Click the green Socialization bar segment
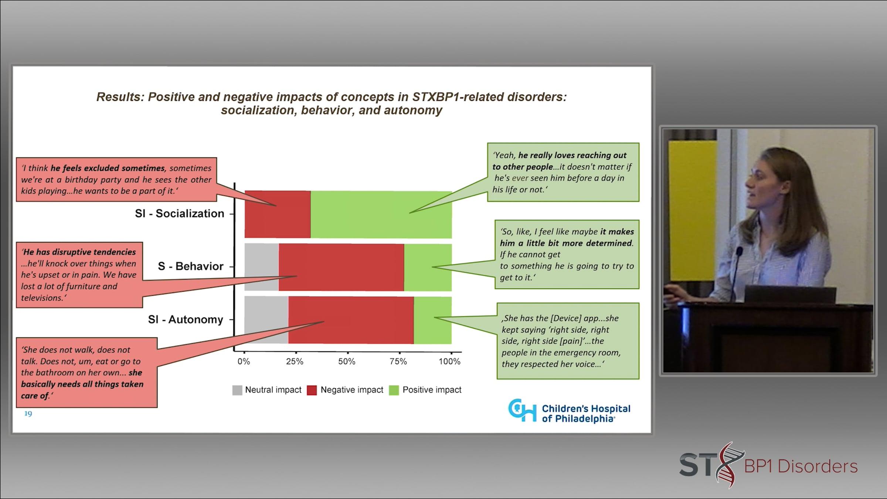point(381,214)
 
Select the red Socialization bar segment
point(278,214)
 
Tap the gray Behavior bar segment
point(262,267)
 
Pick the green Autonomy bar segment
point(432,320)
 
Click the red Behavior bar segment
point(341,267)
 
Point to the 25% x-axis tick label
point(295,361)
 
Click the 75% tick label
point(398,361)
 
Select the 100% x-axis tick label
point(449,361)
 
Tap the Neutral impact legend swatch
point(237,390)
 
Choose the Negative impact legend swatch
point(312,390)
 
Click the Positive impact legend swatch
point(394,390)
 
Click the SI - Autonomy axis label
point(186,319)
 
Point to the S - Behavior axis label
point(191,266)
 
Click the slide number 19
point(28,414)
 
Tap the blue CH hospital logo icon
point(522,410)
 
